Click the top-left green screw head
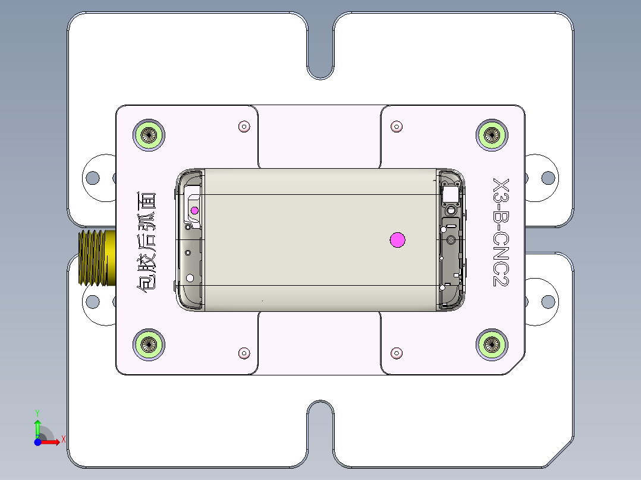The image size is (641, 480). (x=149, y=135)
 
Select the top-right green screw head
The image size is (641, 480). (x=492, y=135)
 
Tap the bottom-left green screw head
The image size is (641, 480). (x=149, y=344)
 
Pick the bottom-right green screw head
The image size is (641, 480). (x=492, y=344)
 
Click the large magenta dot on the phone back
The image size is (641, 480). (x=397, y=240)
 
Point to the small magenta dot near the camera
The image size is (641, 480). (x=194, y=210)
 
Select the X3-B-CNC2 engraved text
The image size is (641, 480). (x=501, y=232)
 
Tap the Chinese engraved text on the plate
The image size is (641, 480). (x=146, y=242)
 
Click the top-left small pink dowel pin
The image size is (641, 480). (x=243, y=126)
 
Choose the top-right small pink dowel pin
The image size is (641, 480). (x=397, y=126)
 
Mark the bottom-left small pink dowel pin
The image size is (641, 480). (x=243, y=353)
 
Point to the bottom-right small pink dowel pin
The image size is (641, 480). (x=396, y=353)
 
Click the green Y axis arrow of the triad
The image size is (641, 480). (x=37, y=427)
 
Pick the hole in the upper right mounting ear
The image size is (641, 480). (x=546, y=178)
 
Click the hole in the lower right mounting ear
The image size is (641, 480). (x=546, y=302)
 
